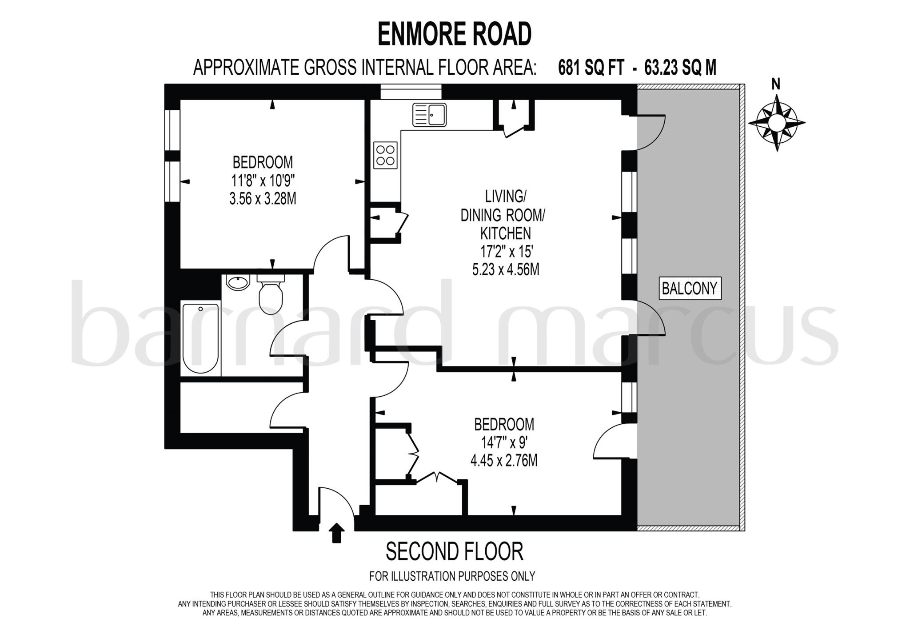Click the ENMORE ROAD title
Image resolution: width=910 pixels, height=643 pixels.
click(x=455, y=34)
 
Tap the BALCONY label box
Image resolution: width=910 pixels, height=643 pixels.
click(x=690, y=289)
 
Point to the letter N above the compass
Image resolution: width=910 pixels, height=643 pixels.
click(x=776, y=84)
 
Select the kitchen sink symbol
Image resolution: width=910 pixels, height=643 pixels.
click(x=429, y=115)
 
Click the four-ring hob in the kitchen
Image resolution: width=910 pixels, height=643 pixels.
click(x=385, y=155)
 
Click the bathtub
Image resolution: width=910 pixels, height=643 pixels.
click(x=201, y=338)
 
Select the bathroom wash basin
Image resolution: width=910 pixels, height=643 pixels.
click(x=239, y=282)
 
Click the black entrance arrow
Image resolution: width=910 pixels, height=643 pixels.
click(x=336, y=532)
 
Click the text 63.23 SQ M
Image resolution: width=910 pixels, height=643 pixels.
click(x=680, y=68)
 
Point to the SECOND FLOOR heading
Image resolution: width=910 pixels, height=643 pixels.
click(x=455, y=552)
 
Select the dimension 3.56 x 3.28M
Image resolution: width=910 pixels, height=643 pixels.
click(x=263, y=199)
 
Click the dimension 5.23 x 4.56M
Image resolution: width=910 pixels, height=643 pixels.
click(x=506, y=269)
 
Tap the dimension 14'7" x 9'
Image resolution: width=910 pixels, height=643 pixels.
click(x=503, y=443)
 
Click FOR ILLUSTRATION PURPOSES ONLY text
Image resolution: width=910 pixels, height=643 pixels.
click(x=452, y=576)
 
